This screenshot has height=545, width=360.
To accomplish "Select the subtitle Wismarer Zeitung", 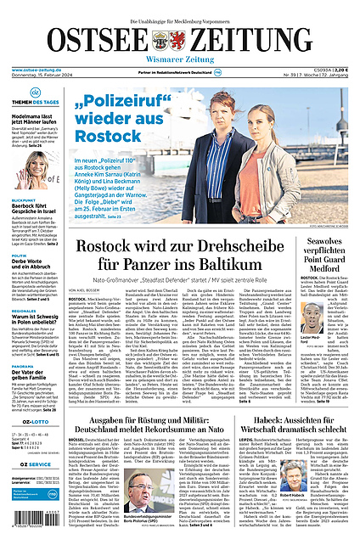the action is [179, 60].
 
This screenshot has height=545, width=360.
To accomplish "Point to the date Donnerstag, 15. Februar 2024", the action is [43, 76].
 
